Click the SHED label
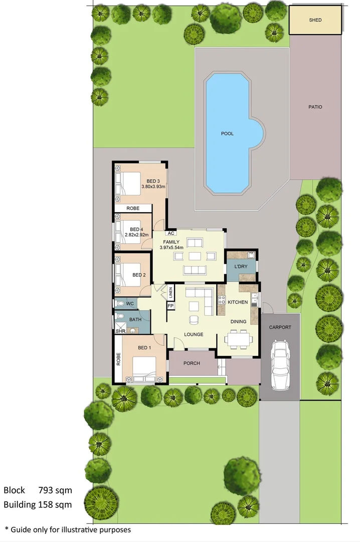pos(315,20)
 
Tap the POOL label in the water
pos(227,133)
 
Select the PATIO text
pos(315,107)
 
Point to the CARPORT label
pos(280,327)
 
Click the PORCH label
pos(192,363)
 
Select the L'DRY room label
pos(241,266)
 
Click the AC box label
pos(171,233)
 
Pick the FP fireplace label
pos(170,306)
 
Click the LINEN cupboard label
pos(170,293)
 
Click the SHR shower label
pos(120,331)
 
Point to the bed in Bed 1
pos(144,369)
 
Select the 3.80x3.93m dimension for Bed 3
pos(153,187)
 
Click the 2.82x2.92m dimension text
pos(136,235)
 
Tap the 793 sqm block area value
pos(55,490)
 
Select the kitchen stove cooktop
pos(222,300)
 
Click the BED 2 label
pos(139,275)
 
